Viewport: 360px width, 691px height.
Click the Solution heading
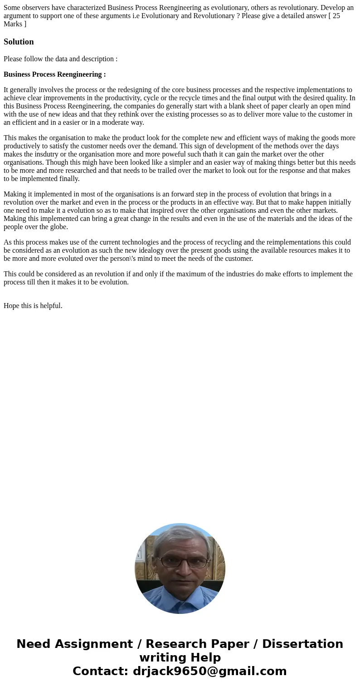tap(19, 42)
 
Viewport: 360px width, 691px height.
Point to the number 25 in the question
tap(336, 16)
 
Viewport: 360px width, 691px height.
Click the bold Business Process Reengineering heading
tap(54, 74)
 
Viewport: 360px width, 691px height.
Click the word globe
tap(59, 227)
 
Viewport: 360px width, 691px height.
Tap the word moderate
tap(116, 123)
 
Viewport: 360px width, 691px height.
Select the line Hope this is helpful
tap(33, 306)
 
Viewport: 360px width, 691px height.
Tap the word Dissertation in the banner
tap(302, 644)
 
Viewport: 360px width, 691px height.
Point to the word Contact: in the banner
tap(101, 671)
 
